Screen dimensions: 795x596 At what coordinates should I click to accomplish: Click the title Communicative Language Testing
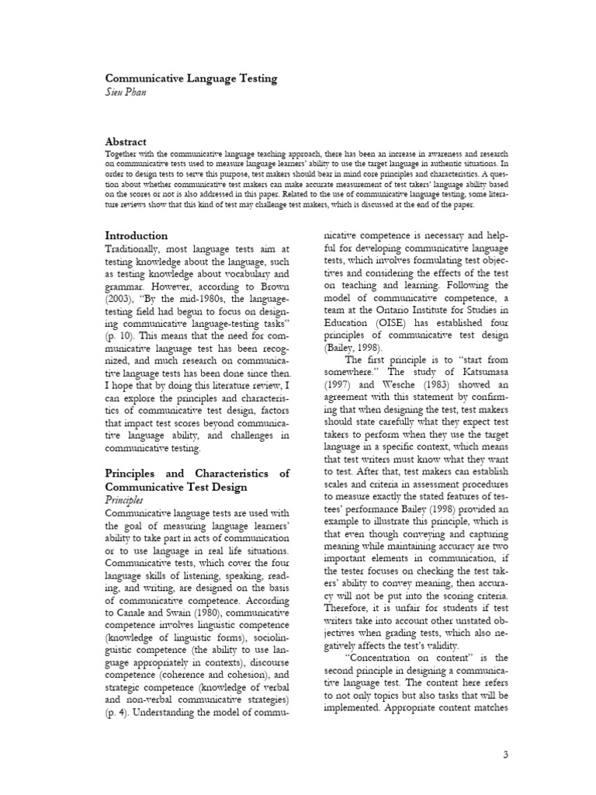pyautogui.click(x=191, y=79)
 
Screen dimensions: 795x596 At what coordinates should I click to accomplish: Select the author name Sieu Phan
pyautogui.click(x=126, y=92)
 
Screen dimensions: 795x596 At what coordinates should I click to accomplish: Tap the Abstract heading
pyautogui.click(x=126, y=142)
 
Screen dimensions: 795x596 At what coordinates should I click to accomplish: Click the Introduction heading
pyautogui.click(x=136, y=235)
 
